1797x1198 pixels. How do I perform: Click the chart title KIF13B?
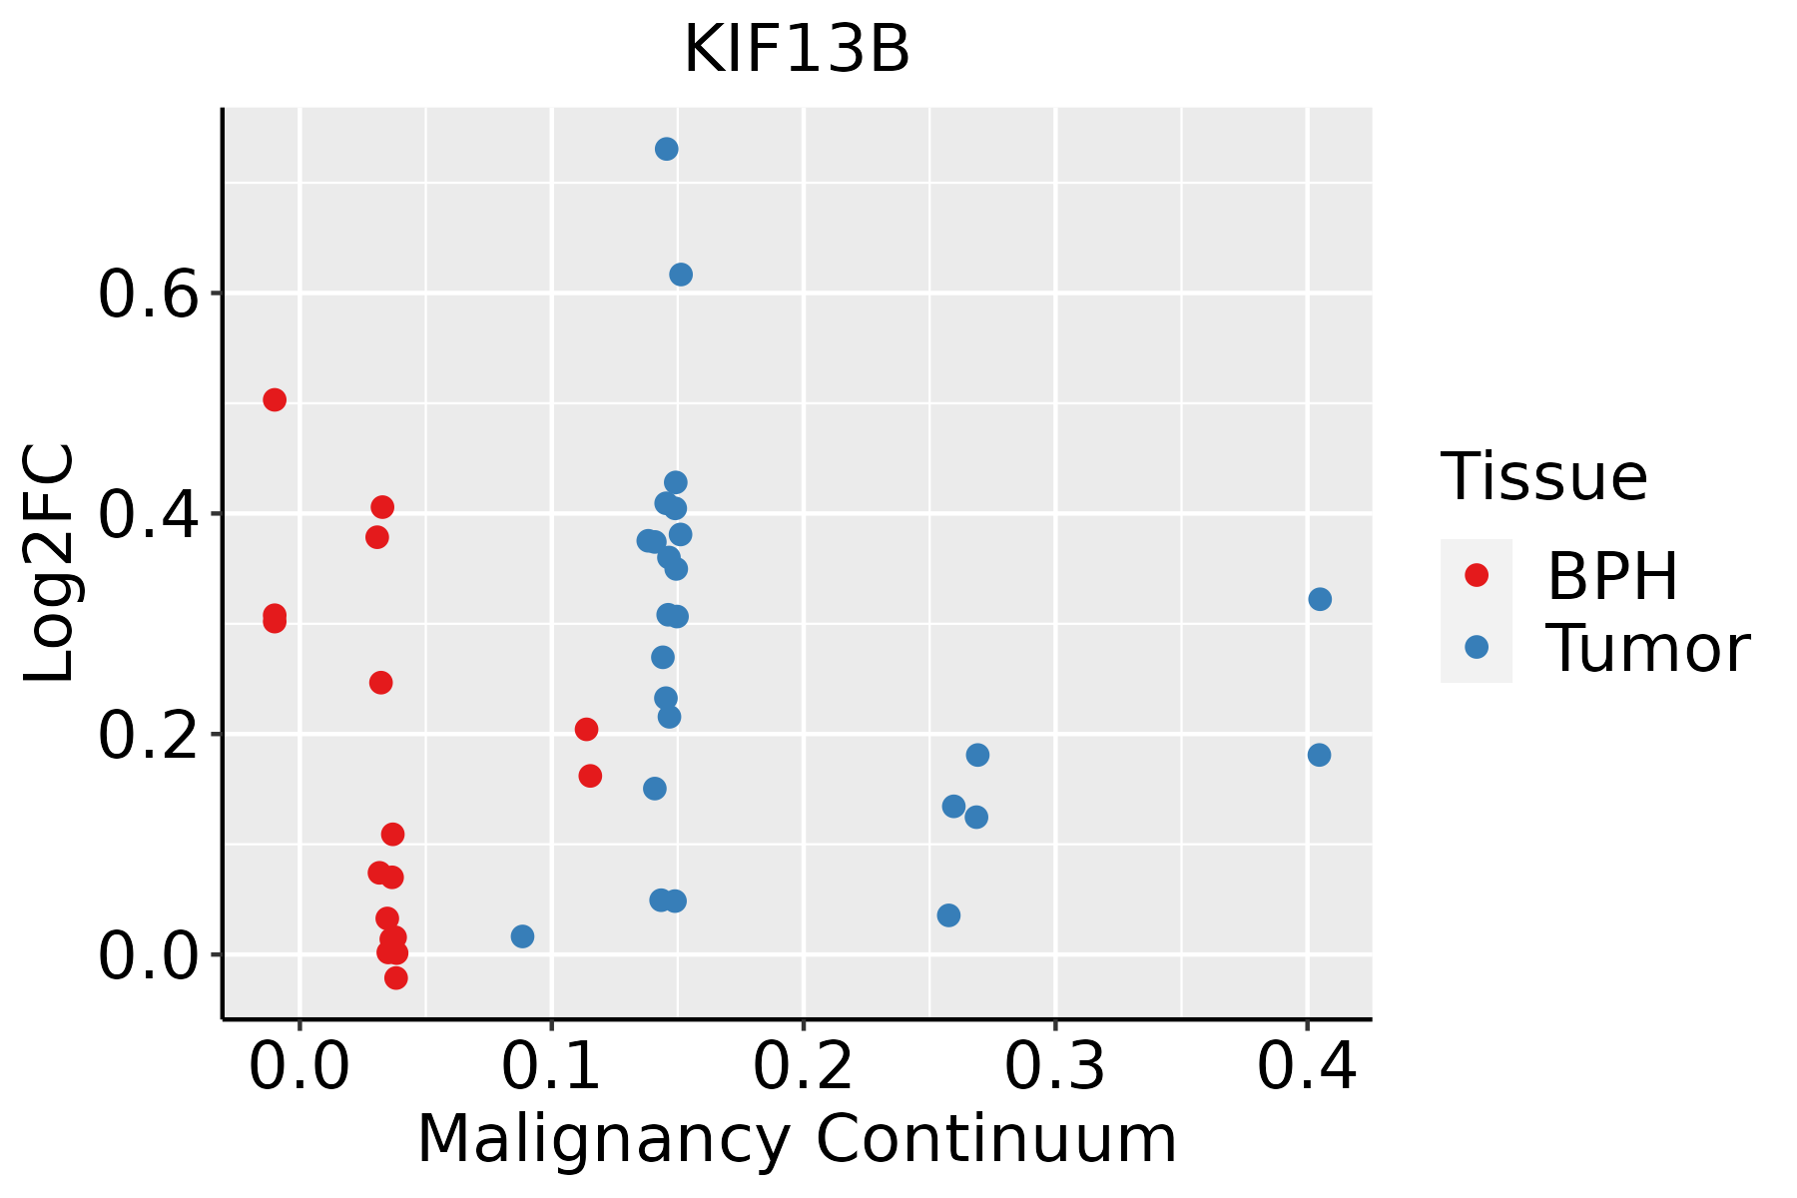coord(797,50)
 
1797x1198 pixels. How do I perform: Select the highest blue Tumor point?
coord(667,149)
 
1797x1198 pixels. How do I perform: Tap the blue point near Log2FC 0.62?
coord(681,275)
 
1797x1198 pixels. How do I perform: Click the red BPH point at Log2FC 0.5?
coord(275,400)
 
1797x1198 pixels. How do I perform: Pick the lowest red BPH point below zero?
coord(396,977)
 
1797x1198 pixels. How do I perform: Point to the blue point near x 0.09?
coord(522,936)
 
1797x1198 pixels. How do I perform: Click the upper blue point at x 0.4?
coord(1320,599)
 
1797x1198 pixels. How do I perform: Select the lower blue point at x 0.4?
coord(1319,755)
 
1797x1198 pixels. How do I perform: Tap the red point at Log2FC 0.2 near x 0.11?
coord(587,730)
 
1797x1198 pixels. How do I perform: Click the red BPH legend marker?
coord(1476,575)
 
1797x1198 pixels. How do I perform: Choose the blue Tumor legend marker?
coord(1476,647)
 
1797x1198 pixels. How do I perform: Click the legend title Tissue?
coord(1543,477)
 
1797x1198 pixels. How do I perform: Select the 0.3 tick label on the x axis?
coord(1054,1066)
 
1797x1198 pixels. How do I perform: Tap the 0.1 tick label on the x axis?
coord(551,1066)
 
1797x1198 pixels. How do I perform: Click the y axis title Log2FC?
coord(50,564)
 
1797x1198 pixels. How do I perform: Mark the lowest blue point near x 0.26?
coord(949,915)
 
